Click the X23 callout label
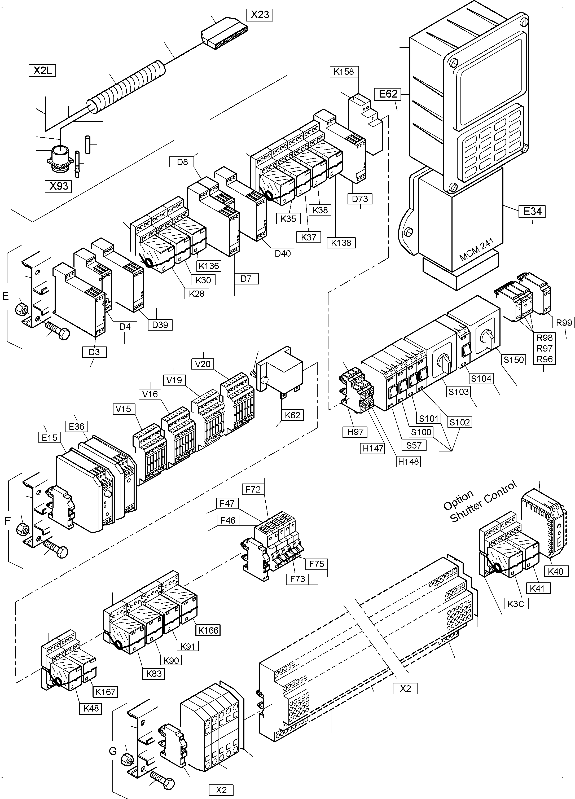pyautogui.click(x=260, y=15)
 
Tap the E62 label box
pyautogui.click(x=388, y=94)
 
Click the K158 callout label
pyautogui.click(x=344, y=72)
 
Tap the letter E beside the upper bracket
pyautogui.click(x=5, y=296)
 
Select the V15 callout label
pyautogui.click(x=123, y=409)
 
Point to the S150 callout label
pyautogui.click(x=514, y=360)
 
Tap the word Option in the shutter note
pyautogui.click(x=458, y=501)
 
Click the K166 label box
pyautogui.click(x=208, y=630)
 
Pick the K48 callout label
pyautogui.click(x=91, y=708)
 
